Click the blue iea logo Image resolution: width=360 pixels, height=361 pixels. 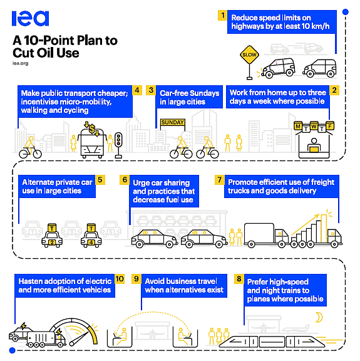tap(30, 18)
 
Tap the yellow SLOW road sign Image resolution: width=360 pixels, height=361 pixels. tap(249, 55)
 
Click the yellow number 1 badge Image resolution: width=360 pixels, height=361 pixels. tap(222, 16)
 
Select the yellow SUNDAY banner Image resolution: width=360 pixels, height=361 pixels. tap(173, 122)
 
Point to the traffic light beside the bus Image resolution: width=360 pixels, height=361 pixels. tap(118, 145)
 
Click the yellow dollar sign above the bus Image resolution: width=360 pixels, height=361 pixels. tap(92, 129)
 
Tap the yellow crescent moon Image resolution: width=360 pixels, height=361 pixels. tap(319, 317)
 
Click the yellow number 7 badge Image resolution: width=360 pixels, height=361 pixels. tap(219, 180)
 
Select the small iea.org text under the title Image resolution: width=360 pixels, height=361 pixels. tap(21, 63)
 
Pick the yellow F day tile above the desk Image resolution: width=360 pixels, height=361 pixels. tap(330, 126)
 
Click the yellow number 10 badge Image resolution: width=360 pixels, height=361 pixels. tap(120, 279)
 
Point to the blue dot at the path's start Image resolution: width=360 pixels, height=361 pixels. tap(345, 12)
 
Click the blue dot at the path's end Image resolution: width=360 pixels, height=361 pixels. tap(12, 350)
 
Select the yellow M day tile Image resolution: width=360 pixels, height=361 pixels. tap(298, 126)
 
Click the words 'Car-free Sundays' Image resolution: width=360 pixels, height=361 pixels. tap(190, 93)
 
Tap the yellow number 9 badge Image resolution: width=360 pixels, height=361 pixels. tap(136, 279)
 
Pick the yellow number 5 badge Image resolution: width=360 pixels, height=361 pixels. tap(100, 180)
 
